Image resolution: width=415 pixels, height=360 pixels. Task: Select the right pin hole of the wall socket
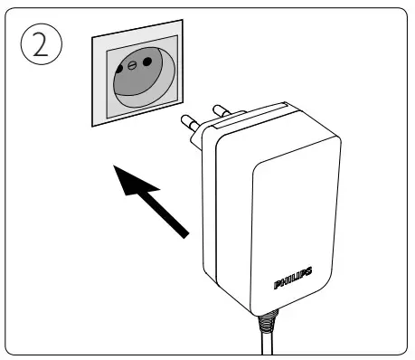click(x=146, y=62)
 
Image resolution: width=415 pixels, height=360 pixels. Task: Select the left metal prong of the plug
click(x=192, y=122)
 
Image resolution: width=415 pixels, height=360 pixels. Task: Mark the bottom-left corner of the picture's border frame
click(x=9, y=353)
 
